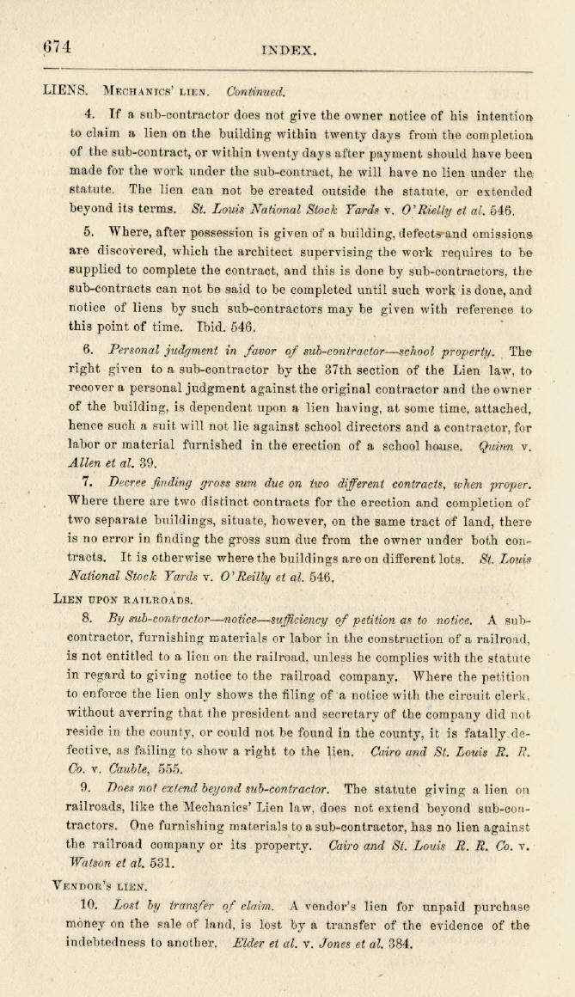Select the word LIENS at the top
[x=64, y=89]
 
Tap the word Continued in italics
[x=255, y=90]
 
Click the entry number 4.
[x=89, y=113]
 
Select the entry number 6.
[x=89, y=351]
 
